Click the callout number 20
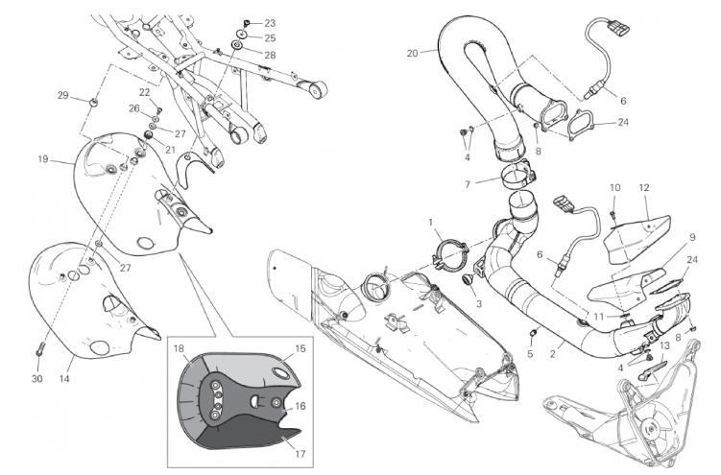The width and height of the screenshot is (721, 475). [x=412, y=54]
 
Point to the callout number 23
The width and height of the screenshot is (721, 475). [x=270, y=23]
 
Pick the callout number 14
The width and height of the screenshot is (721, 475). [x=64, y=378]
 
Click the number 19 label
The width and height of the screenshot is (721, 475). [x=43, y=159]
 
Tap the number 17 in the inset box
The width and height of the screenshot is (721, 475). [x=300, y=454]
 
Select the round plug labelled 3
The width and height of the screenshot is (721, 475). [x=469, y=279]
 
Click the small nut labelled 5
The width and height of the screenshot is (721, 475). [x=535, y=332]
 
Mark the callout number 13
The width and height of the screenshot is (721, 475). [x=665, y=345]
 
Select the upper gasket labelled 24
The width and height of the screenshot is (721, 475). [x=581, y=124]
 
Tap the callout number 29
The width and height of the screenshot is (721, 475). [x=63, y=95]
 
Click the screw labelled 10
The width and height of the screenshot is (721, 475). [x=613, y=213]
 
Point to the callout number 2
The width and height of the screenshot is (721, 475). [x=553, y=354]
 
